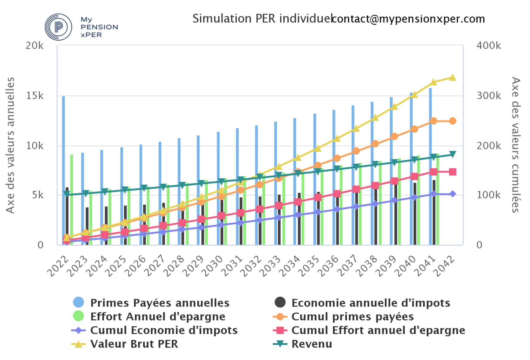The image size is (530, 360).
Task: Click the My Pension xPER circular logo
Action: pyautogui.click(x=58, y=27)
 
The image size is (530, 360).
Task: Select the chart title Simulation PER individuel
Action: pyautogui.click(x=262, y=19)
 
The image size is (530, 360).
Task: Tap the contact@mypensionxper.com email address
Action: pyautogui.click(x=408, y=19)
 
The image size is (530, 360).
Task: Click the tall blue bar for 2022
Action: pyautogui.click(x=63, y=171)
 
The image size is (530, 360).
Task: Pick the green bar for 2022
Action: pyautogui.click(x=72, y=200)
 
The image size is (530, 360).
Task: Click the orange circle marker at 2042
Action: pyautogui.click(x=452, y=121)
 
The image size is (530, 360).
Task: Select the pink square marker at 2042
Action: pyautogui.click(x=452, y=172)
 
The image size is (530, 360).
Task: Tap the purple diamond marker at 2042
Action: pyautogui.click(x=452, y=194)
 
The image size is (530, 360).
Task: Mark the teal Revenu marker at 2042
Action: pyautogui.click(x=452, y=154)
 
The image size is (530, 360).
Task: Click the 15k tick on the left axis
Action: pyautogui.click(x=35, y=96)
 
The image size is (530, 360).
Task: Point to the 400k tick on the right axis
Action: pyautogui.click(x=489, y=46)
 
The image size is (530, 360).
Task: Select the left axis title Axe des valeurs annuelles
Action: pyautogui.click(x=10, y=145)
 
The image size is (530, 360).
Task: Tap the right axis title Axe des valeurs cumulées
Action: pyautogui.click(x=516, y=145)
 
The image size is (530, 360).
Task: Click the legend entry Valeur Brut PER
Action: pyautogui.click(x=134, y=344)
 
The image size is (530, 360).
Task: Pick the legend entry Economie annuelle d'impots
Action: pyautogui.click(x=371, y=303)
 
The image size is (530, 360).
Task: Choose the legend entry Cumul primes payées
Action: pyautogui.click(x=352, y=317)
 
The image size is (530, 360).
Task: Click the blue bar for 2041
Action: pyautogui.click(x=430, y=166)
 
